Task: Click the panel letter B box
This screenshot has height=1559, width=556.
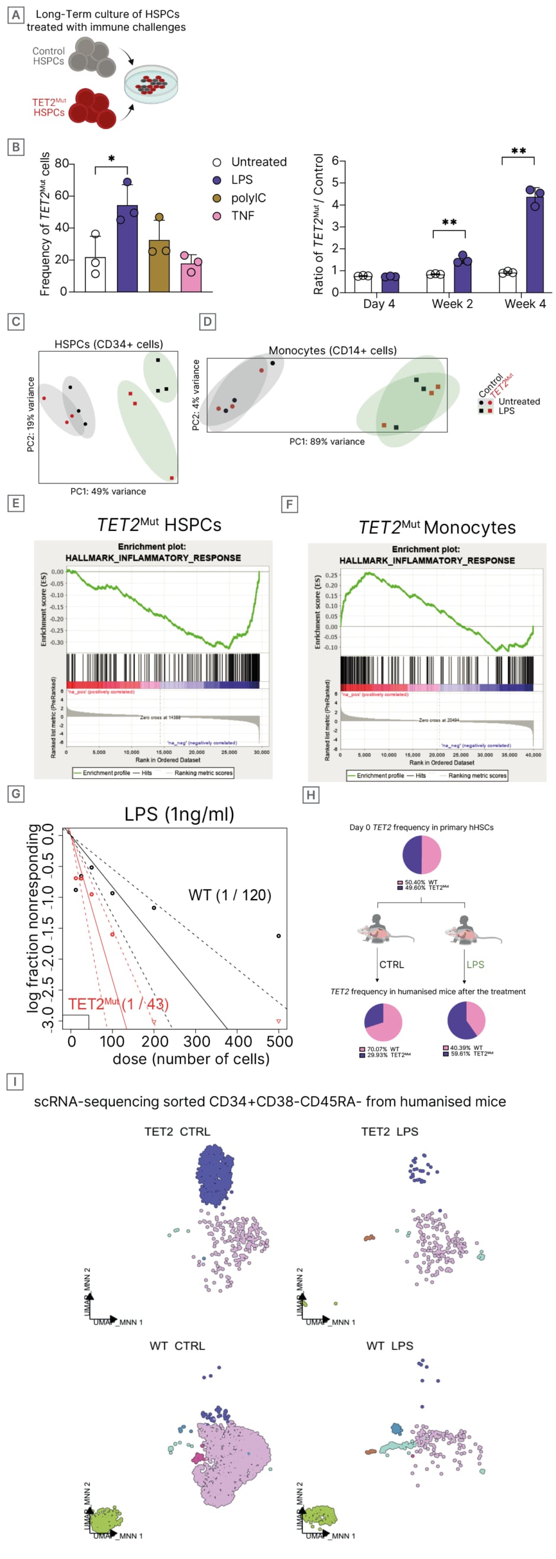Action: (16, 147)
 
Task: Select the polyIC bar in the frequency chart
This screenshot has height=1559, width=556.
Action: (159, 266)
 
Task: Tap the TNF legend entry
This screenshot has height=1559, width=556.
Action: (242, 216)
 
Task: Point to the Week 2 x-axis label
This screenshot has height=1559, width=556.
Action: (451, 304)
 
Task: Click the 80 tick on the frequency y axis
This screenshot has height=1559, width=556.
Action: (62, 163)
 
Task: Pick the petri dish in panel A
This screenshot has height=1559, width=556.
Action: (151, 85)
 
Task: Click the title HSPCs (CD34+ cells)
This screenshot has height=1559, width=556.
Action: (108, 344)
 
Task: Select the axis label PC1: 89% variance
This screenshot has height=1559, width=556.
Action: (327, 442)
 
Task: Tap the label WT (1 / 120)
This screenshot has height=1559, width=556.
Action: (229, 895)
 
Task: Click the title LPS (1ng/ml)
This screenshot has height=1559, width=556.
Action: (179, 814)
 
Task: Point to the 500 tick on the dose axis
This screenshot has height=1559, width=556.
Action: (280, 1042)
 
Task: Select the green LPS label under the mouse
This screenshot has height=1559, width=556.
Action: (475, 965)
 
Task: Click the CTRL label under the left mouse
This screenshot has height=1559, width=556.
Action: (391, 965)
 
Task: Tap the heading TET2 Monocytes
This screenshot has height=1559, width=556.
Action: (437, 528)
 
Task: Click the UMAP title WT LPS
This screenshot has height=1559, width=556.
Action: (390, 1346)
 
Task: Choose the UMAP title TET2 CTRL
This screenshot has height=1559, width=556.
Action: (177, 1132)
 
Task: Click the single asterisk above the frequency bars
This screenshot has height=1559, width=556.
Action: (111, 159)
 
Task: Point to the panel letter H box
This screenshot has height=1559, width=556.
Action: (311, 795)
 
